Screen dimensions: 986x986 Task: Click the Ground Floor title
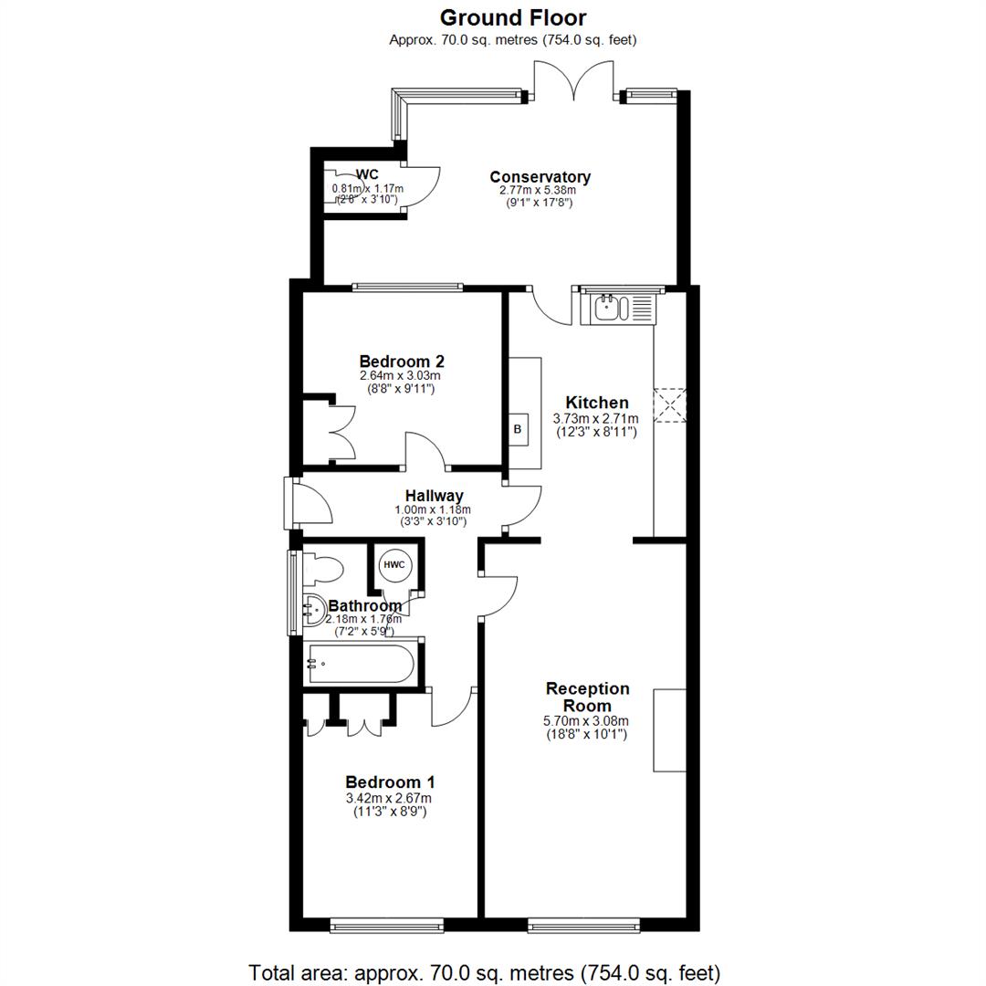click(x=513, y=17)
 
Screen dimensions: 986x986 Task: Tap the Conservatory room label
click(x=540, y=177)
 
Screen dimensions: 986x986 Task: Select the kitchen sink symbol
click(x=610, y=309)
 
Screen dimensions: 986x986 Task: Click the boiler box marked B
click(x=518, y=428)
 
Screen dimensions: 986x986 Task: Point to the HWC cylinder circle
click(x=394, y=565)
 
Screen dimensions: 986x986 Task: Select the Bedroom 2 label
click(x=402, y=362)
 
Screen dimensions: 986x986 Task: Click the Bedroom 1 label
click(x=390, y=782)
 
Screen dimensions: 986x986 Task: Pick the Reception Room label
click(x=587, y=698)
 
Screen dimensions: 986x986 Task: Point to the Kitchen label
click(x=597, y=403)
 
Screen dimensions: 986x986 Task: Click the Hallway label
click(x=435, y=496)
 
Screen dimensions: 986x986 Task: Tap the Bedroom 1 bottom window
click(x=386, y=926)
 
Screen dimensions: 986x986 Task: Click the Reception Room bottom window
click(x=583, y=926)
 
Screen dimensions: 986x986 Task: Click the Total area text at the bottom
click(x=485, y=972)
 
